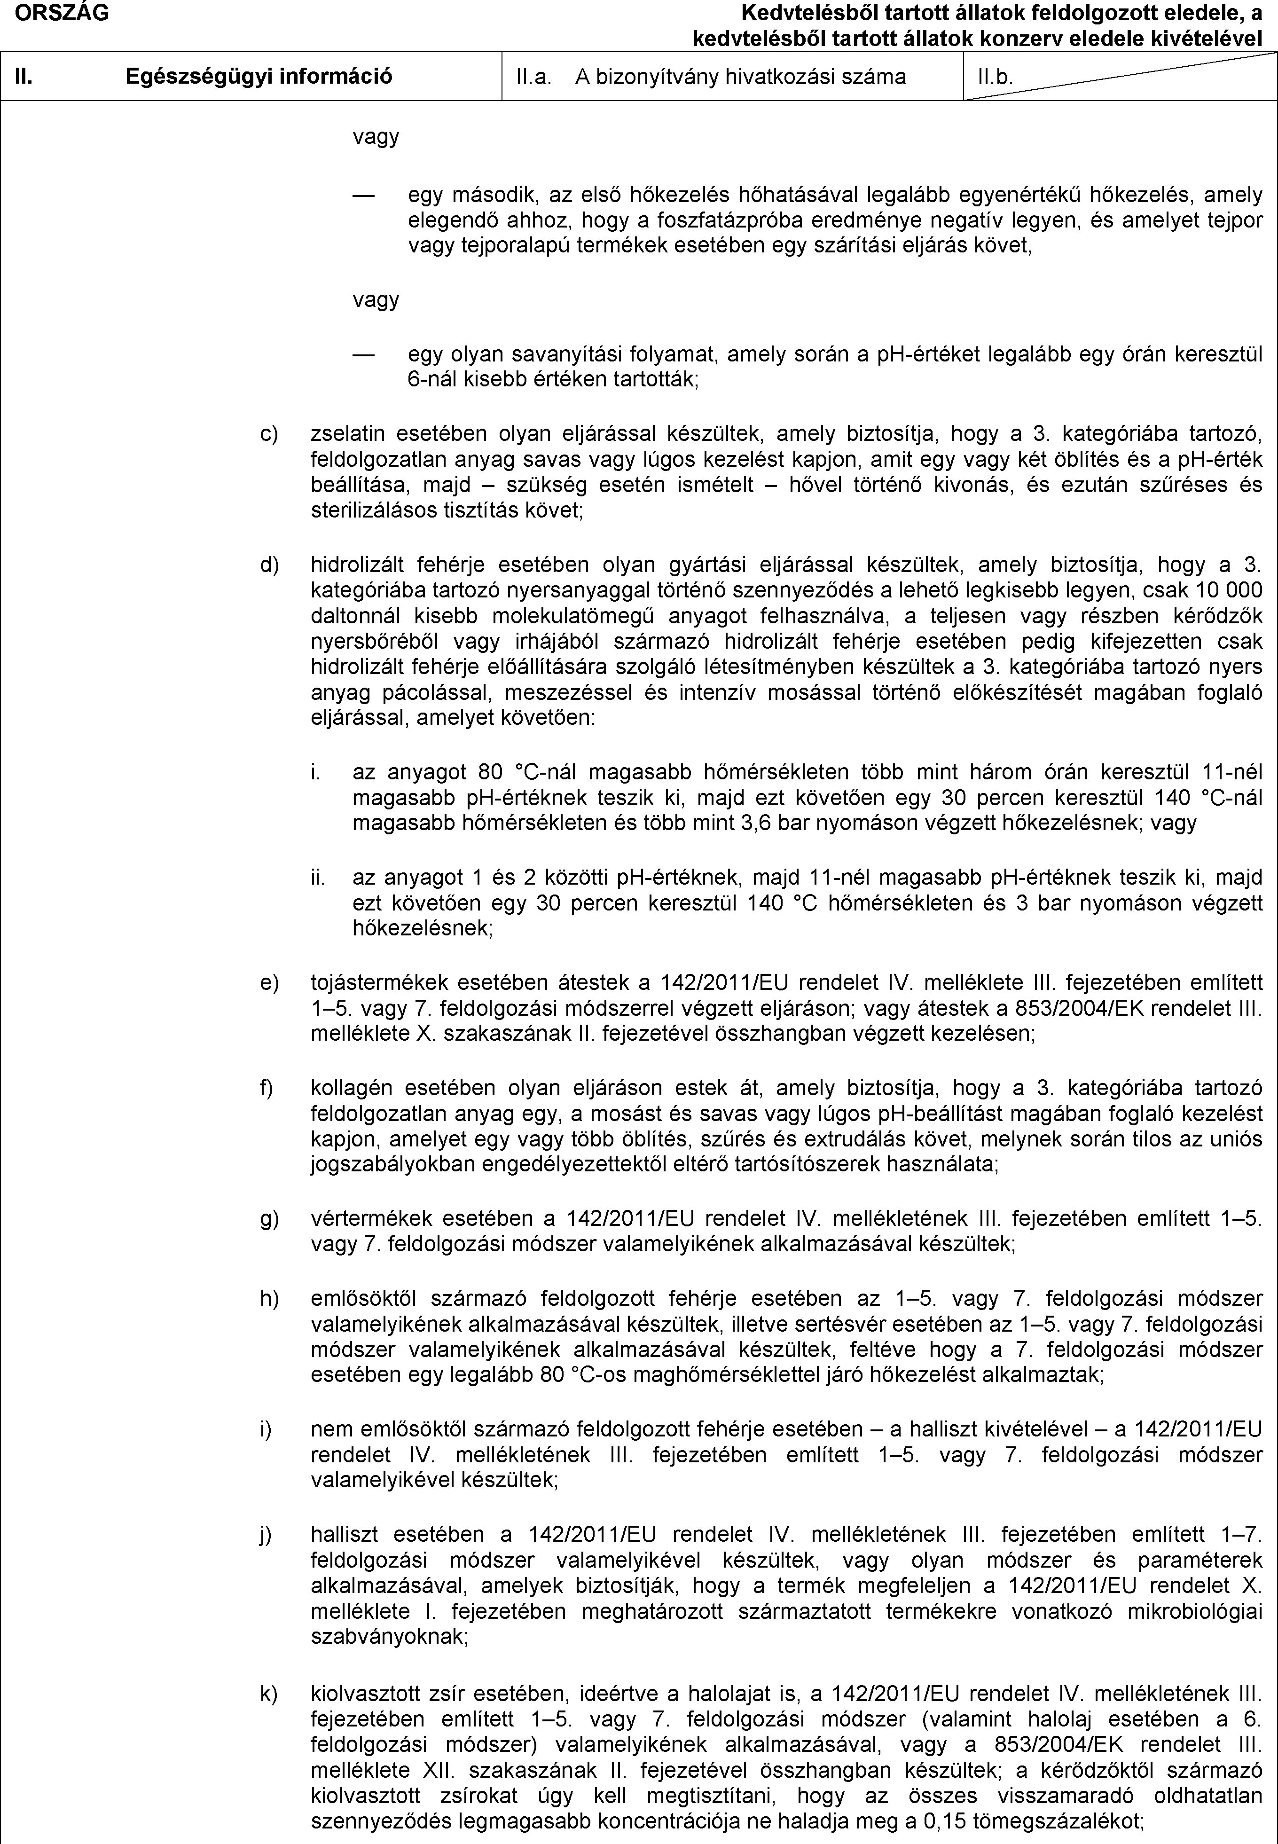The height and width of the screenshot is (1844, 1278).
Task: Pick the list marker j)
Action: (266, 1534)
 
